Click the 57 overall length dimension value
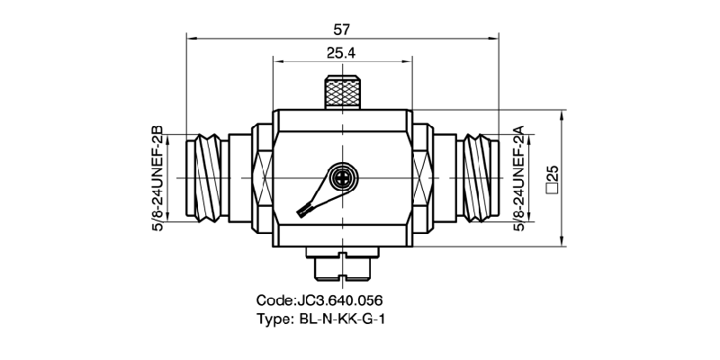point(341,28)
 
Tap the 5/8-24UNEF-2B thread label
point(157,177)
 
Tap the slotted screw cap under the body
point(342,265)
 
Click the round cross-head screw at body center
point(342,178)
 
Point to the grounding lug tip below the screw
point(303,210)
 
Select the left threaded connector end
point(206,177)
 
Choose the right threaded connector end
point(477,177)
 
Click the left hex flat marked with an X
point(262,177)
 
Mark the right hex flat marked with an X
point(422,177)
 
